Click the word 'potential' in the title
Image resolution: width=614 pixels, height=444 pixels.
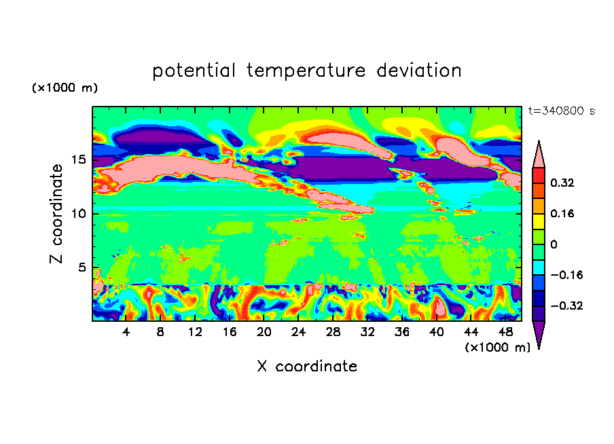click(x=194, y=71)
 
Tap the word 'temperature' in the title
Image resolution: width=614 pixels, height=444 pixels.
click(x=306, y=71)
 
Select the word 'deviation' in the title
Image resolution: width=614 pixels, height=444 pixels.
click(x=419, y=71)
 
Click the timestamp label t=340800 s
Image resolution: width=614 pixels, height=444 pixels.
click(x=562, y=111)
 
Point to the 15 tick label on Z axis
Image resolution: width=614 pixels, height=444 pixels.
click(x=79, y=160)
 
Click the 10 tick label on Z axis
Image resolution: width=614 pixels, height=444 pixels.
click(x=79, y=214)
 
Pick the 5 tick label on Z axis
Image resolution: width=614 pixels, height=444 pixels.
click(x=82, y=267)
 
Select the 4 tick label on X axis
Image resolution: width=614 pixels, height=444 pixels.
click(x=126, y=333)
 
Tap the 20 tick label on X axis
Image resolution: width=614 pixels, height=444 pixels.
click(x=264, y=333)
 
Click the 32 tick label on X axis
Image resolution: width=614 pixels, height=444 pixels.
click(x=367, y=333)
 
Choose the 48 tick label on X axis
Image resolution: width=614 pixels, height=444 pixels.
click(x=505, y=333)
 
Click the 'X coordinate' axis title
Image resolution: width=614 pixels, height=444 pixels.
click(x=307, y=367)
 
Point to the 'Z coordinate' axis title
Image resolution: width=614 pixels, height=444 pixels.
click(x=56, y=214)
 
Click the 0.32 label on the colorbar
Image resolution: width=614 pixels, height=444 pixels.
click(x=562, y=183)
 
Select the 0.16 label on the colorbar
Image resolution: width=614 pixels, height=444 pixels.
click(x=562, y=214)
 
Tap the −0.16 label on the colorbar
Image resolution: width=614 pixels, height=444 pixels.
click(x=566, y=275)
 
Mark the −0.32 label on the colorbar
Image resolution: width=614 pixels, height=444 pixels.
click(x=566, y=306)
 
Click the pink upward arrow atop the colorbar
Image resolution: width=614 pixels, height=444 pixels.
click(x=539, y=156)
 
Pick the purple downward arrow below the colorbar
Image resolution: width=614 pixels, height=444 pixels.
click(x=539, y=333)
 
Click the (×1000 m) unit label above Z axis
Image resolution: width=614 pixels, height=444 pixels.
click(x=65, y=88)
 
